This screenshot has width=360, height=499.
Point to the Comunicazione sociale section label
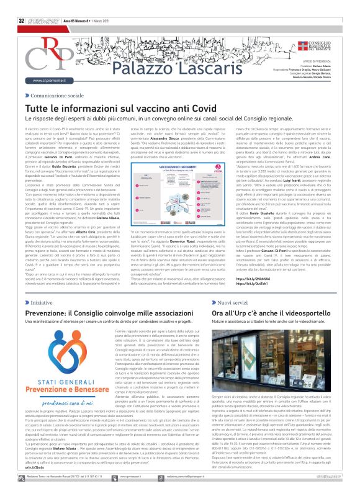tap(55, 97)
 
